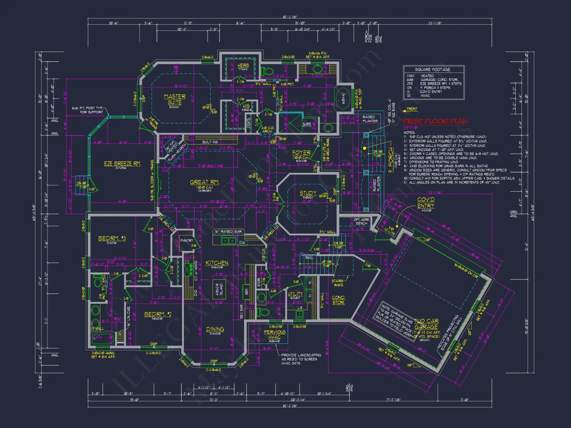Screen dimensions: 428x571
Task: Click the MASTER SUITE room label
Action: coord(175,99)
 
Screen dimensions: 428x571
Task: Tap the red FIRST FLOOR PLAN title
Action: coord(435,121)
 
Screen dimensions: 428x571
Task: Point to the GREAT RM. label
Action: coord(204,182)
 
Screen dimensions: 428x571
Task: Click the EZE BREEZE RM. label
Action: coord(122,163)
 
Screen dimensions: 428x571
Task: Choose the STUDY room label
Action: coord(308,193)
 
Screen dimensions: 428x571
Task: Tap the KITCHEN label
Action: coord(217,263)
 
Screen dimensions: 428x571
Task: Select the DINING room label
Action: coord(215,329)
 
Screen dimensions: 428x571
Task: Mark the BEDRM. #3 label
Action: coord(112,238)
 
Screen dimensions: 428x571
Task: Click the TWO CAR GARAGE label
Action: coord(426,324)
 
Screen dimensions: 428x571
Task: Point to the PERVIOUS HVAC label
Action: coord(274,334)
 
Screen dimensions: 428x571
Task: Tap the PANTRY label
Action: coord(187,241)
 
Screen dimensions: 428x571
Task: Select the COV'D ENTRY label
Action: coord(426,203)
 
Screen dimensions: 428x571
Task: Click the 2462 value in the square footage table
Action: coord(410,76)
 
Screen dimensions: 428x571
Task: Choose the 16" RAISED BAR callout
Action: coord(228,231)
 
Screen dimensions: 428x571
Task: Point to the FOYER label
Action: coord(301,153)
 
